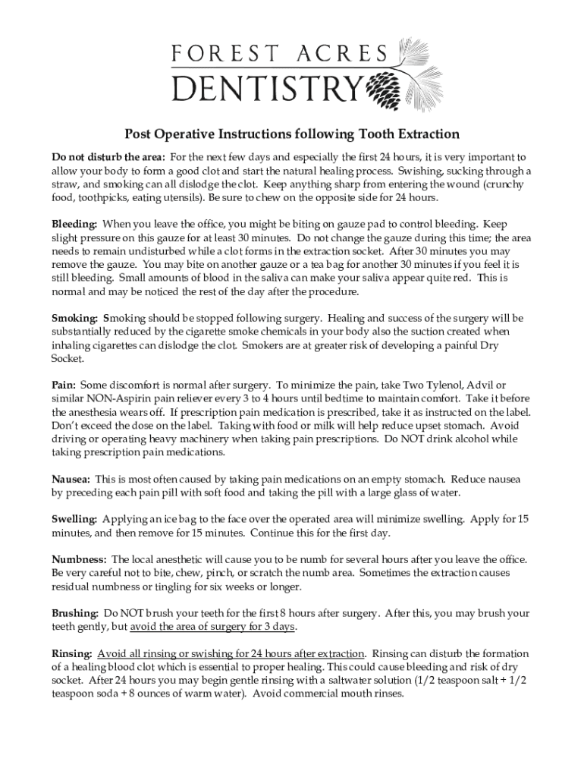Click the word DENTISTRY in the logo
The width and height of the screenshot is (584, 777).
pos(266,90)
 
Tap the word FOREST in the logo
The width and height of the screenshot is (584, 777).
pos(223,54)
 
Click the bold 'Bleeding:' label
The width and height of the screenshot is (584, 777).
pos(74,225)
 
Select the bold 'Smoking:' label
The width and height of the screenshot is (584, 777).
pos(75,319)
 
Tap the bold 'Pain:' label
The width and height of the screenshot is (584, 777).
pos(64,385)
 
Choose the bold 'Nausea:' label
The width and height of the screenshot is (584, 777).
pos(71,480)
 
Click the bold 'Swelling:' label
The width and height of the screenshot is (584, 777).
pos(74,520)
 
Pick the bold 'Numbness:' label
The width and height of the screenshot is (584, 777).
pos(79,559)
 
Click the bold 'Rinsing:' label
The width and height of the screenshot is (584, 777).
pos(72,653)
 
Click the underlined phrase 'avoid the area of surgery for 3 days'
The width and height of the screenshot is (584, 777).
pos(213,627)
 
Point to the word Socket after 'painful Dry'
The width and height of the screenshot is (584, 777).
pos(68,359)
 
